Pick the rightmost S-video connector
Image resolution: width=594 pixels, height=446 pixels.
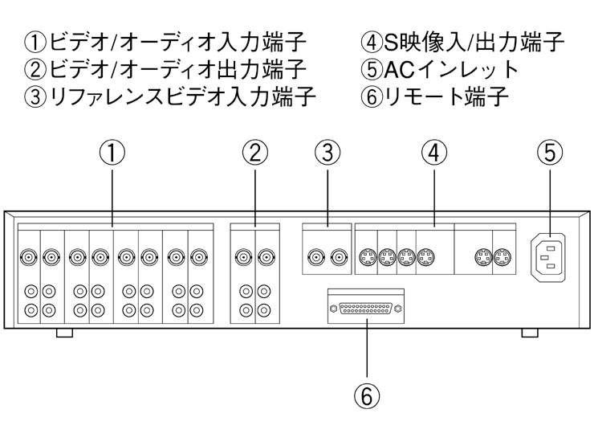503,258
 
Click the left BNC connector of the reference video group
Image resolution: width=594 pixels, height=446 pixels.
315,258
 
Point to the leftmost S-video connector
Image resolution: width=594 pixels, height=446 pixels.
365,258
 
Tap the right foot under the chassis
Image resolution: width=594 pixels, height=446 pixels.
529,332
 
